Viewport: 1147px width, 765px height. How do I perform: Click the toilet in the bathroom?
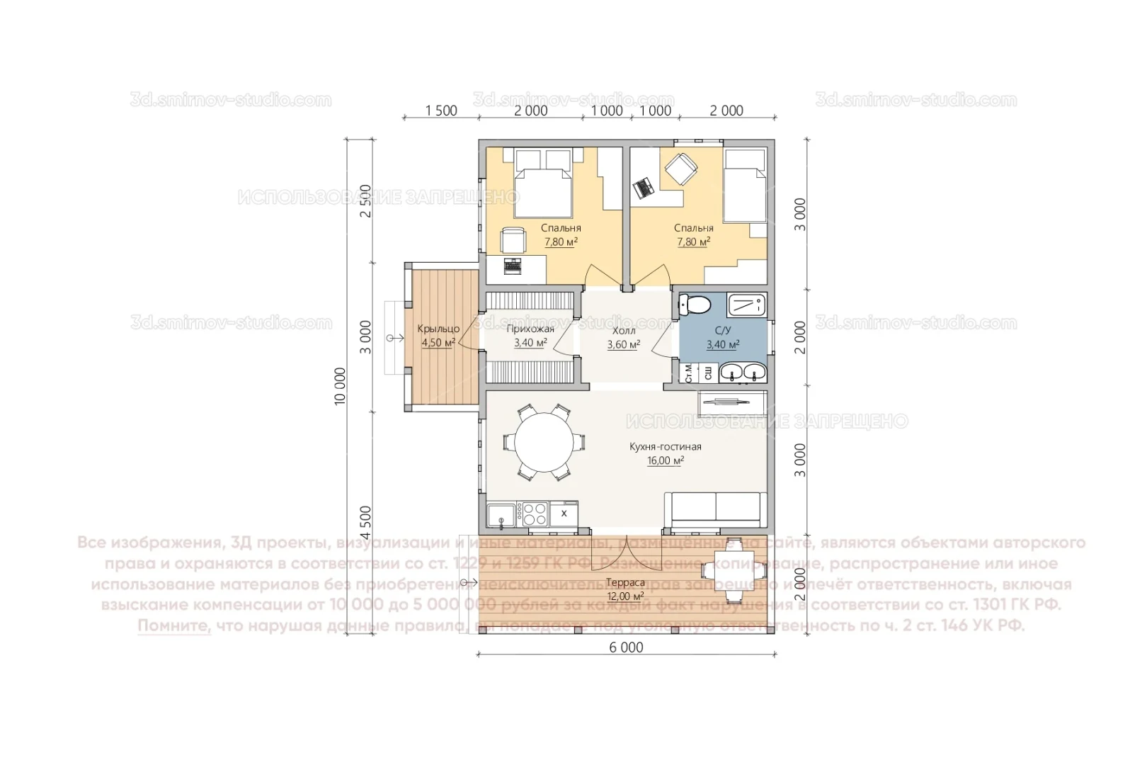pos(695,305)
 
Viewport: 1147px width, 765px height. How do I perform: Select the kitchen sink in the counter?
pos(501,514)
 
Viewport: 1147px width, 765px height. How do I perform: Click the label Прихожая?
pos(530,329)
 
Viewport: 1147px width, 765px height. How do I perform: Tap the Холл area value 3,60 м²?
pos(623,345)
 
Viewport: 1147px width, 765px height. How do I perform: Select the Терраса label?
pos(625,582)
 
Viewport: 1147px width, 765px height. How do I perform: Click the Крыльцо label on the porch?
pos(438,329)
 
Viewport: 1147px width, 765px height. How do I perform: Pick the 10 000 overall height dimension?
pos(341,386)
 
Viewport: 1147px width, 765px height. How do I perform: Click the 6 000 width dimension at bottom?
pos(627,647)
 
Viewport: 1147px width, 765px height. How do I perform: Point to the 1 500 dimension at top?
pos(441,110)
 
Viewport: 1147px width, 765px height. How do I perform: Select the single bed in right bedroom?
pos(745,186)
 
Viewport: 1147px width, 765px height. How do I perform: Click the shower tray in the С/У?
pos(746,305)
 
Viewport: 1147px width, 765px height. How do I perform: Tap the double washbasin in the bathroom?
pos(743,373)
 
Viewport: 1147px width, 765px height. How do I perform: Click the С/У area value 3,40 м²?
pos(723,345)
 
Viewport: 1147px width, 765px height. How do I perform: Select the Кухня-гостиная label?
pos(665,447)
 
